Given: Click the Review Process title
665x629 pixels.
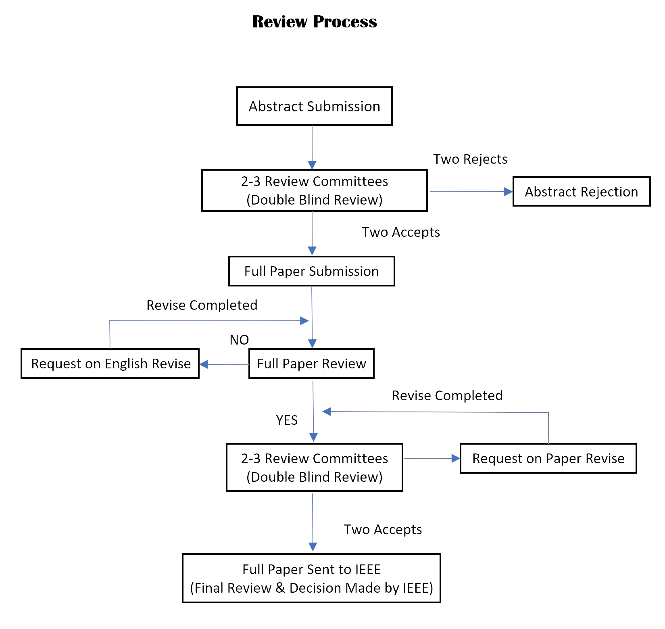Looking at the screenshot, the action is click(314, 22).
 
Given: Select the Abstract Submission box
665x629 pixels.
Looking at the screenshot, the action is click(314, 106).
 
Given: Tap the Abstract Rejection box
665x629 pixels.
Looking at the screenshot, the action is click(581, 192).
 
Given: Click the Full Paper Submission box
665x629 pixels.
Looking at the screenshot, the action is click(311, 271).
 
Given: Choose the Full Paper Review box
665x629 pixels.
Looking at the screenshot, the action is click(311, 364).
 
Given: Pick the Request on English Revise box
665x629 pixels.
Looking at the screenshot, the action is click(110, 364).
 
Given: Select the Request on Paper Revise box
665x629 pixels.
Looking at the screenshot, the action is click(548, 458).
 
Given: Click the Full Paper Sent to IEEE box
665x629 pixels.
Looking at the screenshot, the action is click(311, 578).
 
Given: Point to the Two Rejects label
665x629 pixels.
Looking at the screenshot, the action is click(470, 159).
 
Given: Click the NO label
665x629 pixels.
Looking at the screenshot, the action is click(239, 340).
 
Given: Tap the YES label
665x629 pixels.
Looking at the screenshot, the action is click(287, 420).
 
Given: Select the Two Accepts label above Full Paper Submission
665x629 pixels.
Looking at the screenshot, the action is click(401, 232).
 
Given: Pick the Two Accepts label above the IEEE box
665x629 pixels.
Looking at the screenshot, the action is click(383, 529).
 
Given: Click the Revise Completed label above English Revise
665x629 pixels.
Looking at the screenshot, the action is click(202, 305).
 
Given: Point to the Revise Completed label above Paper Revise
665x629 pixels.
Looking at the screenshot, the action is click(447, 395).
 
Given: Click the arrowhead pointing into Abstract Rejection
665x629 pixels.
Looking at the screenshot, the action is click(508, 192).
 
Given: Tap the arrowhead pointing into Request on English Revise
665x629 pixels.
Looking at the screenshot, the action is click(204, 364).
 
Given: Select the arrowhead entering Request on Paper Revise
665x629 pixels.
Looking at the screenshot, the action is click(456, 458).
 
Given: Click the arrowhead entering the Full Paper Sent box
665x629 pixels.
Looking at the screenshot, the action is click(313, 547).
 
